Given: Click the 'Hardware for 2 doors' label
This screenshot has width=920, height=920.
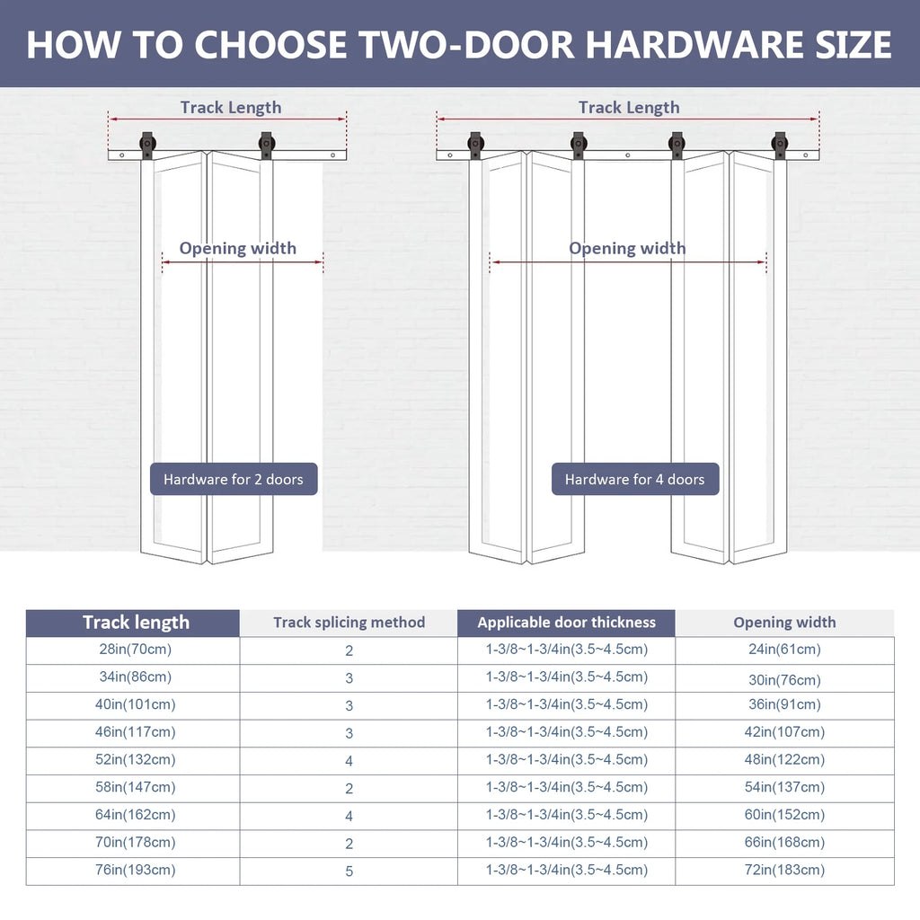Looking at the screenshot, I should pos(233,480).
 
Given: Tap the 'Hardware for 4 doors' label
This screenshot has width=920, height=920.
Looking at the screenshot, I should pos(634,480).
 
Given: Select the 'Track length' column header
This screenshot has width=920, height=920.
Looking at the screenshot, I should pos(136,623).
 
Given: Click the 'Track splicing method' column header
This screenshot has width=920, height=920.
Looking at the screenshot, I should pos(349,623).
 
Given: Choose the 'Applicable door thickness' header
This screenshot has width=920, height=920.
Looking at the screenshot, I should pos(566,623).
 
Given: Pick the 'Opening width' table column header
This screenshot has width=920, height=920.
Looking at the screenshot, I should pos(784,623).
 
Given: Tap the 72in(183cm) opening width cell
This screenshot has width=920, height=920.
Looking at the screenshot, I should pos(783,870).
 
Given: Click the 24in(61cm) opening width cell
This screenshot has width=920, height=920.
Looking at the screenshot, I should pos(783,650).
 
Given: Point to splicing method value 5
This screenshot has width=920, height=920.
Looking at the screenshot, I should pos(349,871).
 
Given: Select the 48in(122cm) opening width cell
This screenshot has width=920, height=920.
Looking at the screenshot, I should pos(783,760).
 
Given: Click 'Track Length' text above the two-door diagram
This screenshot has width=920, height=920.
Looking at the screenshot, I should pos(231,108).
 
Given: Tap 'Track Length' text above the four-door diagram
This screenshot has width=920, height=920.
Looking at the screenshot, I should pos(629,108).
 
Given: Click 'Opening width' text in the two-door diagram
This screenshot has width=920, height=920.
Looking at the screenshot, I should pos(237,249).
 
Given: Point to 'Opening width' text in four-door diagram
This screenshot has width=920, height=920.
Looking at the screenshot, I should pos(627,249).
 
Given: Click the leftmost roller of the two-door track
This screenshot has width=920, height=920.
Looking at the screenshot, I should pos(146,145).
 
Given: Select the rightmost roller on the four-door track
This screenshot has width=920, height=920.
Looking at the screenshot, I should pos(780,145).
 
